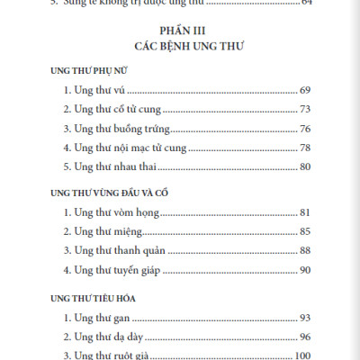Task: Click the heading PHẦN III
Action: pyautogui.click(x=182, y=30)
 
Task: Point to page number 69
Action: pyautogui.click(x=304, y=91)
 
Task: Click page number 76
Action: pyautogui.click(x=304, y=129)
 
